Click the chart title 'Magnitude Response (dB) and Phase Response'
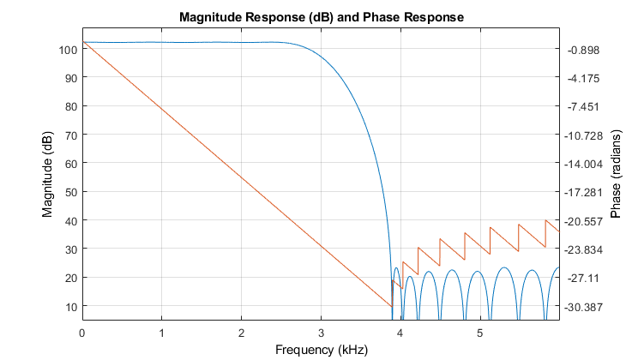320,17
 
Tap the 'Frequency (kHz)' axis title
320,350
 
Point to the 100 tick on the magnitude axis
68,50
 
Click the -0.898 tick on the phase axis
582,50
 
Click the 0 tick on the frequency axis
82,332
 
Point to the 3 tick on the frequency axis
321,332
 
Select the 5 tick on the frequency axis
480,332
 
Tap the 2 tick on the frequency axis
241,332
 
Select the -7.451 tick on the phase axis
582,107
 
